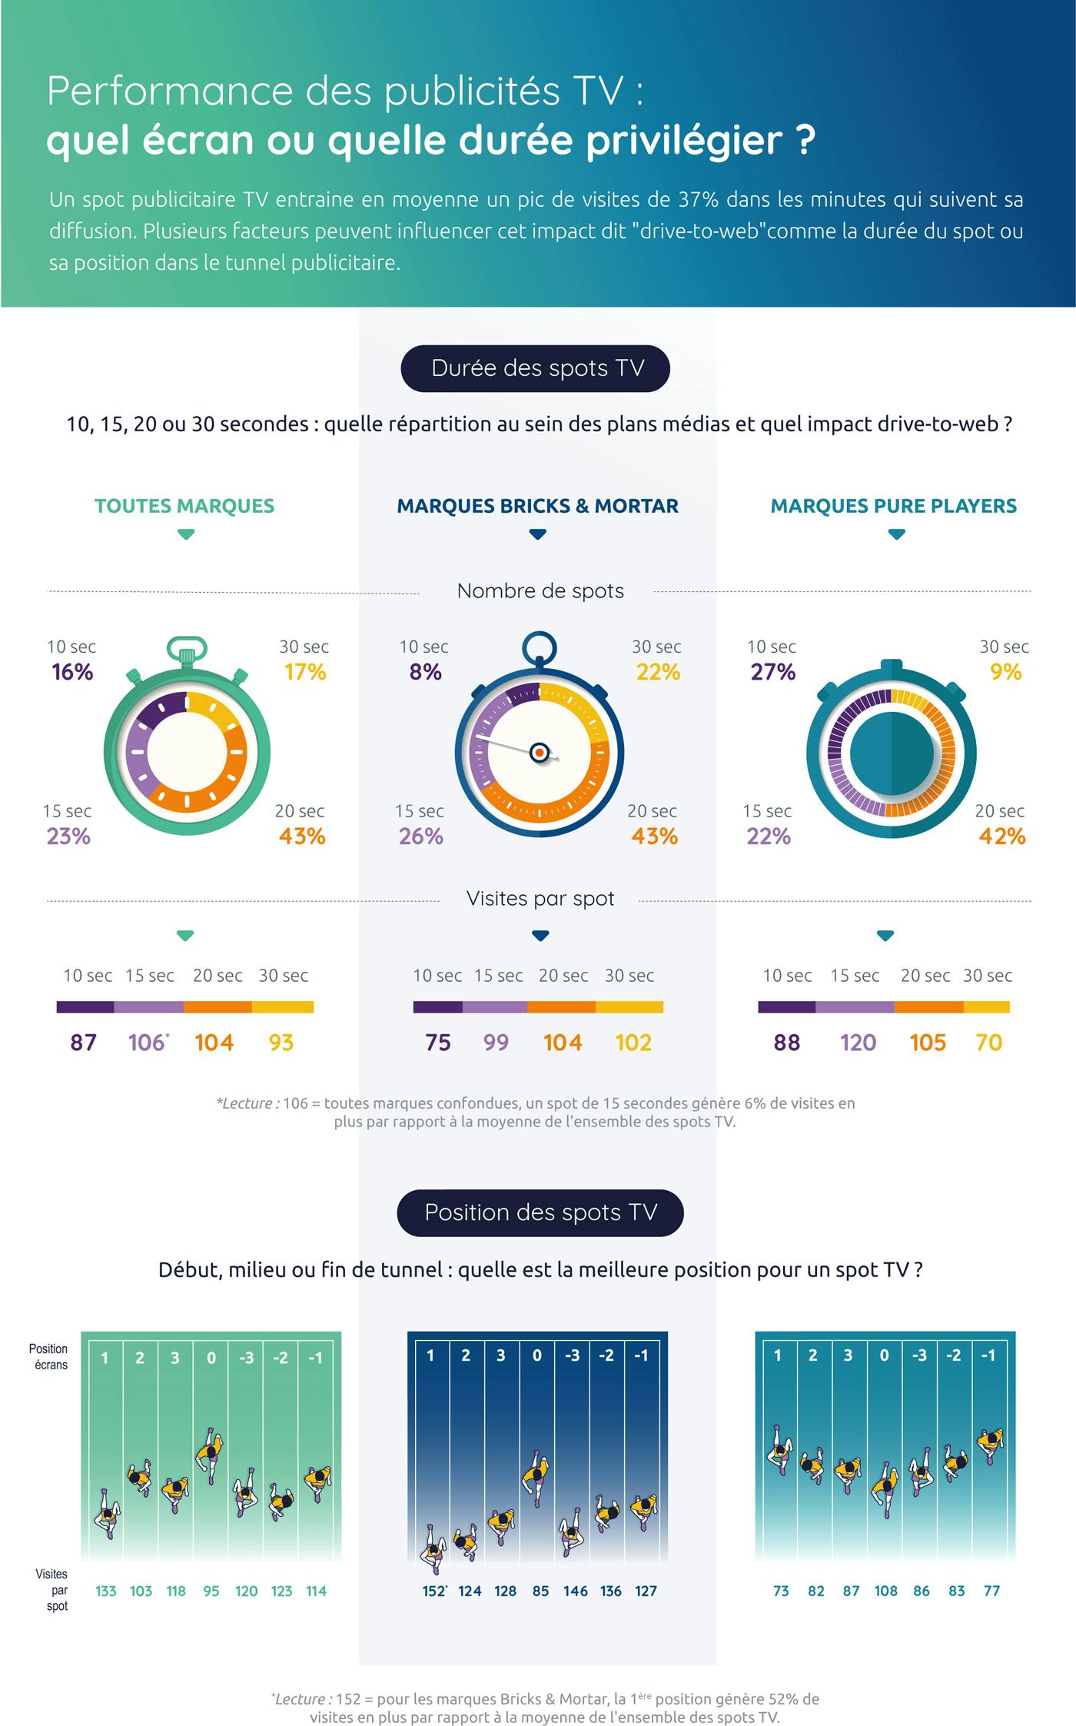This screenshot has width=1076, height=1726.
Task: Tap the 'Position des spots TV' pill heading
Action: tap(540, 1212)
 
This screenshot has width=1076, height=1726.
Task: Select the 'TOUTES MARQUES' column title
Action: tap(184, 506)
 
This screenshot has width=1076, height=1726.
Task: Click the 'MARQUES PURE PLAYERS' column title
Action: tap(893, 506)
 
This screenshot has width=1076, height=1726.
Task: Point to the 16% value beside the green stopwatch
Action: tap(72, 672)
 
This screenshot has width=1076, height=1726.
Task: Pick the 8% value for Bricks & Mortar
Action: tap(425, 672)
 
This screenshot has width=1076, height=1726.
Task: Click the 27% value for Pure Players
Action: tap(772, 672)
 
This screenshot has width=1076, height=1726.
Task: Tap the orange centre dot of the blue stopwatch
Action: tap(540, 752)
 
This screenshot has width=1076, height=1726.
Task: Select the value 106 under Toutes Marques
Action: tap(147, 1043)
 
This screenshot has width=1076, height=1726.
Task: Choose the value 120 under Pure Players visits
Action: tap(858, 1043)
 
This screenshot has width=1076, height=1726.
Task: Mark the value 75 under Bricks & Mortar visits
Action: tap(438, 1043)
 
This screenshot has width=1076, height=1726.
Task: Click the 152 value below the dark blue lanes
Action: tap(433, 1591)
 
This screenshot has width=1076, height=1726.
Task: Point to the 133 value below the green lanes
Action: tap(105, 1591)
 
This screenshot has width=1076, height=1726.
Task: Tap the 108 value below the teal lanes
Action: tap(885, 1591)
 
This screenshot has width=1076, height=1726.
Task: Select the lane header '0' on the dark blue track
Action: tap(537, 1355)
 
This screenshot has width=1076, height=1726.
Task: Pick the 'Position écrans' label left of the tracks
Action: tap(49, 1357)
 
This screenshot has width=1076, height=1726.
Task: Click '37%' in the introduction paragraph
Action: tap(699, 200)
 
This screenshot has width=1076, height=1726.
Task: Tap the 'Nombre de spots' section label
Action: tap(540, 590)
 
